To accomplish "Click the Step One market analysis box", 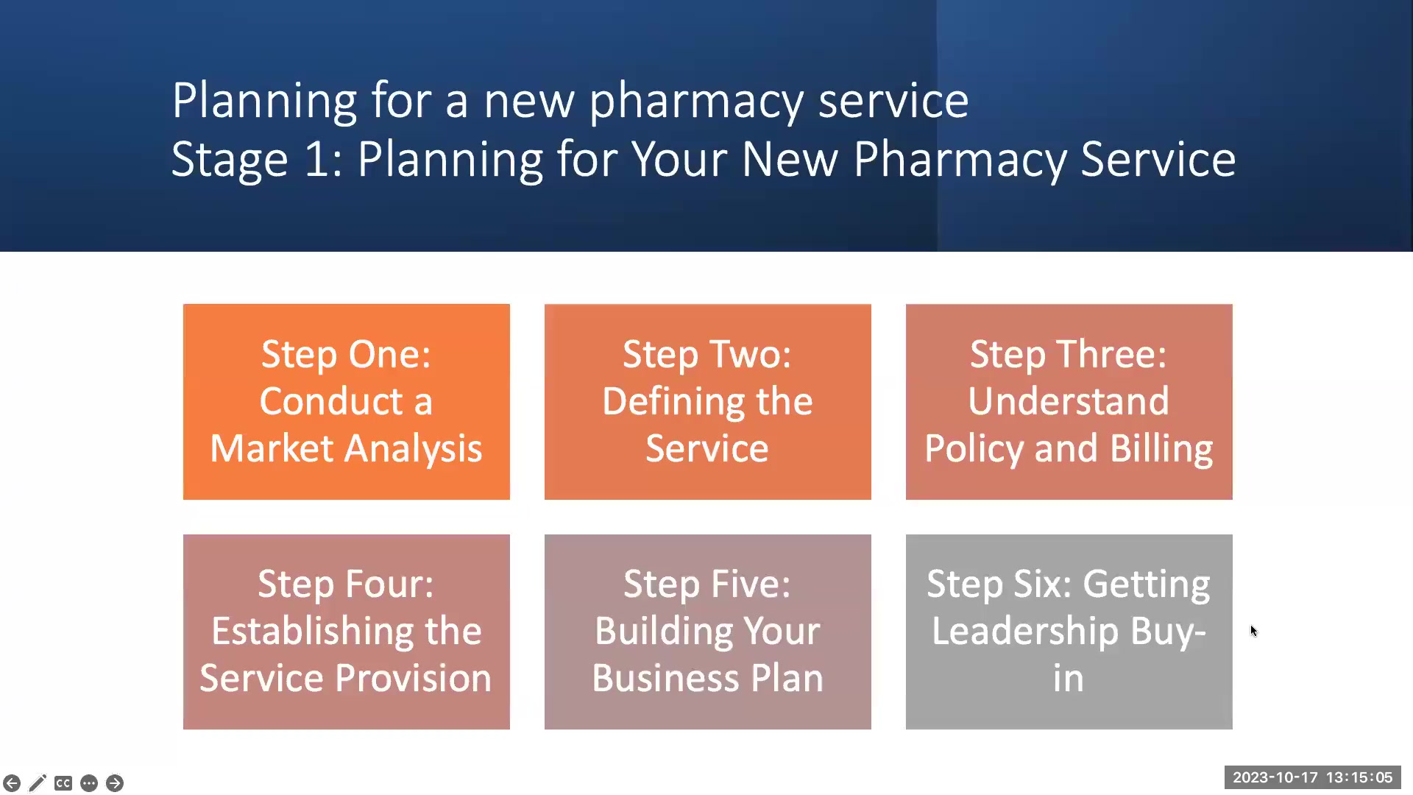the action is (x=346, y=402).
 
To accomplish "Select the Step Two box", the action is (x=707, y=402).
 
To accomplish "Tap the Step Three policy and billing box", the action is (x=1069, y=402).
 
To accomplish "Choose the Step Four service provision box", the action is (x=346, y=632).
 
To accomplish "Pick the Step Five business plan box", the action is (x=707, y=632).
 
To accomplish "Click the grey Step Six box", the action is (x=1069, y=632).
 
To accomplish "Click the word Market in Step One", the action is (x=272, y=448).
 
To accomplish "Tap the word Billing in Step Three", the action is (x=1161, y=449).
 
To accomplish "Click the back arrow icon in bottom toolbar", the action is (x=12, y=783).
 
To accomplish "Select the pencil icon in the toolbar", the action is (x=38, y=783).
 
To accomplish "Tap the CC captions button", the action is (x=63, y=783).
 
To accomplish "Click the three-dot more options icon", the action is (x=89, y=783).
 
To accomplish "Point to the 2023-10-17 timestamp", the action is (x=1275, y=777).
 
